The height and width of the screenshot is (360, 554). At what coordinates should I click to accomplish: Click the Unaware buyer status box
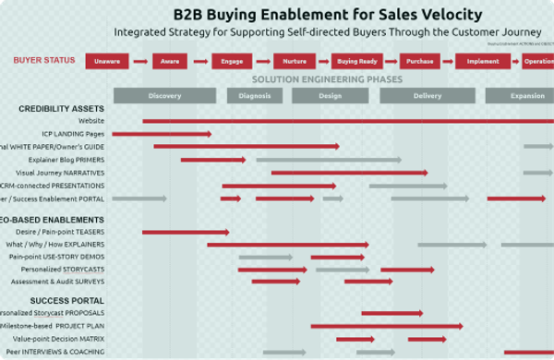coord(107,62)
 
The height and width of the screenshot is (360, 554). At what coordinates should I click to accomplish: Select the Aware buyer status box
coord(169,62)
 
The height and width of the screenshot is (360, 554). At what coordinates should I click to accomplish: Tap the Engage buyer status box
coord(230,62)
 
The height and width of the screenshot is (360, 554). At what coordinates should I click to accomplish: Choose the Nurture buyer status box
coord(294,62)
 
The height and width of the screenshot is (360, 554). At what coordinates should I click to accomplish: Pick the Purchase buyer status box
coord(420,62)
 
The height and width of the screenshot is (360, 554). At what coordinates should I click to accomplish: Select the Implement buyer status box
coord(483,62)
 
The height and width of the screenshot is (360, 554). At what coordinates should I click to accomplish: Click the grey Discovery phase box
coord(164,96)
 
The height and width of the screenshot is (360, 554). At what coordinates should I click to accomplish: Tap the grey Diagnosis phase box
coord(254,96)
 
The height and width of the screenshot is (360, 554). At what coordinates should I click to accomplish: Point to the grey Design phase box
coord(330,96)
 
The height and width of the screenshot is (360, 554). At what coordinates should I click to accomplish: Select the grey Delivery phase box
coord(427,96)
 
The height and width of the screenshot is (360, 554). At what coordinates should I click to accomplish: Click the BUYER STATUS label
coord(44,61)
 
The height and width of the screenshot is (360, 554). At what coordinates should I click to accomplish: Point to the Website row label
coord(91,121)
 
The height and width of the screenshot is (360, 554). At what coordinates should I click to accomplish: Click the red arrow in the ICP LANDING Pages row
coord(176,134)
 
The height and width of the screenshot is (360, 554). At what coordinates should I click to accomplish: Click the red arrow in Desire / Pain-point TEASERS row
coord(185,232)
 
